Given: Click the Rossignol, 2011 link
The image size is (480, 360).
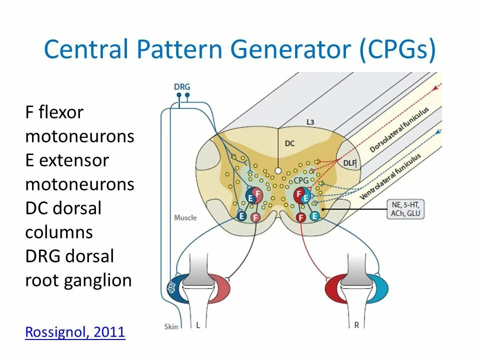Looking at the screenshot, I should (75, 332).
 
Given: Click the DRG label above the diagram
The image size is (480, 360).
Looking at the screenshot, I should (182, 86).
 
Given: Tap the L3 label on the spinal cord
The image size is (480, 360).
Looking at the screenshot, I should (310, 122).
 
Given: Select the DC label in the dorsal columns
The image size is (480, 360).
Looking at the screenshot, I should (290, 143).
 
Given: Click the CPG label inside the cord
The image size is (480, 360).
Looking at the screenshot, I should (301, 180).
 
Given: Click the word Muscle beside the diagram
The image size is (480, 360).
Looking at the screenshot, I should (185, 218).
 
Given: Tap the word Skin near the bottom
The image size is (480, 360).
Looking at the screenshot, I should (171, 326).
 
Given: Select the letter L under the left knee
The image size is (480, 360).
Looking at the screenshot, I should (198, 325).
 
